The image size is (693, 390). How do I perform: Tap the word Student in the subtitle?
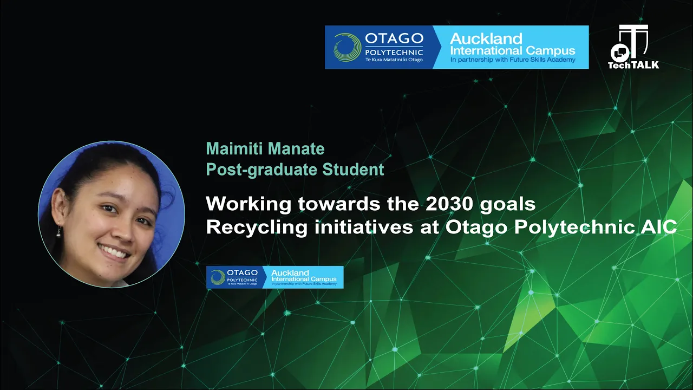click(x=353, y=170)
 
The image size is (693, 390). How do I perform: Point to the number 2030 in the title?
click(x=449, y=204)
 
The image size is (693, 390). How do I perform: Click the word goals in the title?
click(x=508, y=205)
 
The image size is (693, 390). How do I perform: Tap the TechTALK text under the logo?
click(x=633, y=64)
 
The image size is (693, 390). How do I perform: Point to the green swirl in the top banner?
click(x=347, y=47)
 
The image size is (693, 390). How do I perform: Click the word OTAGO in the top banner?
click(x=394, y=38)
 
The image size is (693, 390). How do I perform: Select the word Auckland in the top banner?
click(x=486, y=38)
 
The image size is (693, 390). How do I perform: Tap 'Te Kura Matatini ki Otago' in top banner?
click(x=394, y=60)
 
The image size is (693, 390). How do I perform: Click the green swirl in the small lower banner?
click(x=218, y=277)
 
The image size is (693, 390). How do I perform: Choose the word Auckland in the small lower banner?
click(x=290, y=272)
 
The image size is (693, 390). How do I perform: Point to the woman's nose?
click(x=124, y=231)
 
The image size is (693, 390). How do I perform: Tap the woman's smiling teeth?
click(x=114, y=252)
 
